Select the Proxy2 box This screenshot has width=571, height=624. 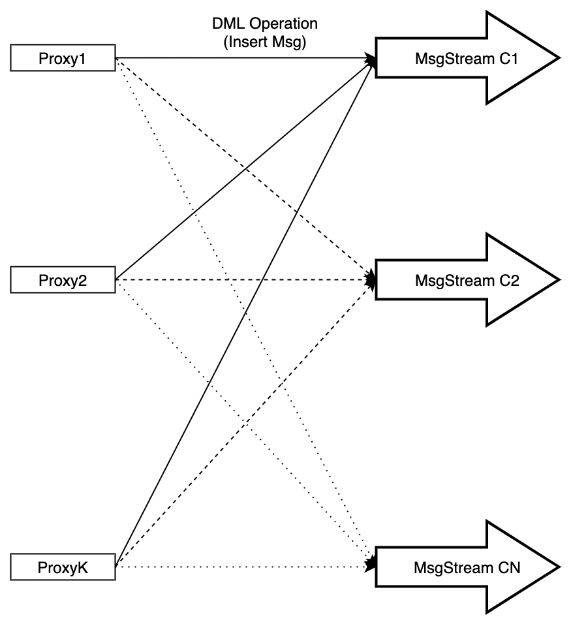pos(63,281)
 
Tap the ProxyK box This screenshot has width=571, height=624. pos(63,567)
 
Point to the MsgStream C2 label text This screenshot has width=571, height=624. pos(467,281)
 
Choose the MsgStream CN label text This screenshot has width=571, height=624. pos(467,567)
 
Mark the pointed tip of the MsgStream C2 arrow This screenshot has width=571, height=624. pos(559,280)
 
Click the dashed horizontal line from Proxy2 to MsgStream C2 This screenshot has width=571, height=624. pos(241,280)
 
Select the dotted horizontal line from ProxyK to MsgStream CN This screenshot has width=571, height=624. pos(241,567)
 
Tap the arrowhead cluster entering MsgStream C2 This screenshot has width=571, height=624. pos(372,279)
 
